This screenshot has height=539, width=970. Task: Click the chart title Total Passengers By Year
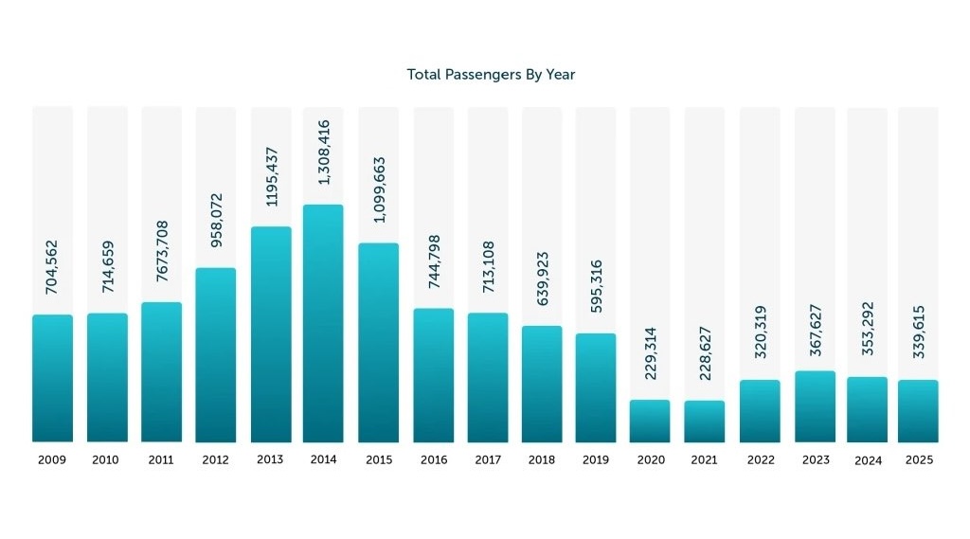pyautogui.click(x=491, y=74)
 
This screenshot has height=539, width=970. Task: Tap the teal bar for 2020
pyautogui.click(x=650, y=421)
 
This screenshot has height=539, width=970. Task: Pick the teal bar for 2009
pyautogui.click(x=52, y=378)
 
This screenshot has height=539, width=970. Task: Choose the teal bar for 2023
pyautogui.click(x=815, y=406)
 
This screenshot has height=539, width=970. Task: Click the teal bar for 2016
pyautogui.click(x=433, y=375)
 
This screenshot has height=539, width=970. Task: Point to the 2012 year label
pyautogui.click(x=215, y=460)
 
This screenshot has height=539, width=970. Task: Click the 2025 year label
pyautogui.click(x=919, y=460)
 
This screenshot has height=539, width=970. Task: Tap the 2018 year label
pyautogui.click(x=541, y=460)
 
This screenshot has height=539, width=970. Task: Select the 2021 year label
pyautogui.click(x=704, y=460)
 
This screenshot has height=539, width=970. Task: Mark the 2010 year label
pyautogui.click(x=106, y=460)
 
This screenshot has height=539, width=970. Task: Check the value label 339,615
pyautogui.click(x=919, y=333)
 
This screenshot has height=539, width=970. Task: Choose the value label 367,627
pyautogui.click(x=816, y=327)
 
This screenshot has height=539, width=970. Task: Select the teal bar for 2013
pyautogui.click(x=271, y=334)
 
